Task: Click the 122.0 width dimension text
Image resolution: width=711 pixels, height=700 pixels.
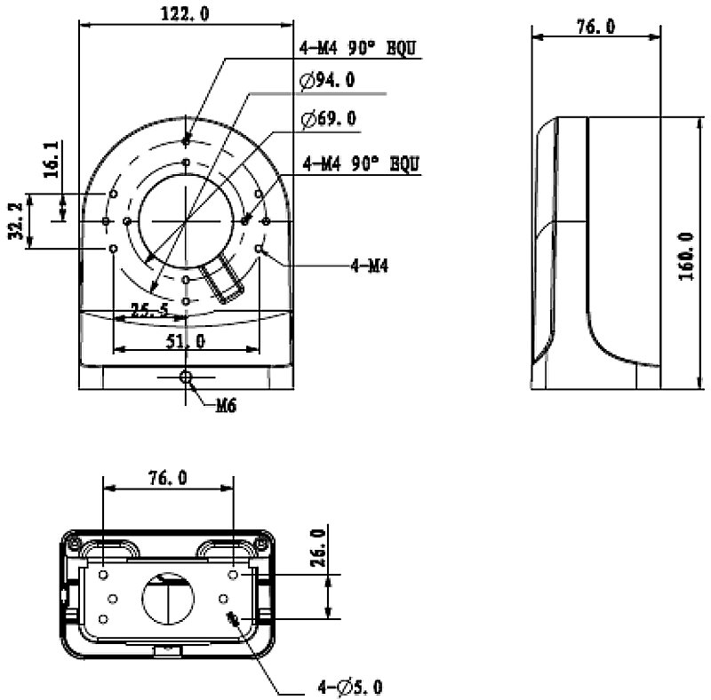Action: point(186,13)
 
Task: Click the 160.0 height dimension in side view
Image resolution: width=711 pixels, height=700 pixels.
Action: point(686,256)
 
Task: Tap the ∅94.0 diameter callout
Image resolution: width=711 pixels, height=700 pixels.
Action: point(327,80)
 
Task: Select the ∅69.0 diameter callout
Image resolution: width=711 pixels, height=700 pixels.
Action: point(329,119)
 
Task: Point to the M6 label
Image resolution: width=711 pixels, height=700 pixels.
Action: point(226,405)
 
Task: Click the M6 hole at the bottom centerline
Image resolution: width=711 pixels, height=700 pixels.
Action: point(186,377)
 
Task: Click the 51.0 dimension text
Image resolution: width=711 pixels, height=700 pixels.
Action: point(185,340)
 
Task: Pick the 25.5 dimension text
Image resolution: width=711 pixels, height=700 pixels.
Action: point(149,310)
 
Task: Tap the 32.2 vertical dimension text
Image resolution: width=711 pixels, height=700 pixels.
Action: point(15,221)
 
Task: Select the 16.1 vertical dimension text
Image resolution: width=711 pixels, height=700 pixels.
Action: point(51,159)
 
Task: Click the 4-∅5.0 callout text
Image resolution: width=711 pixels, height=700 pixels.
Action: point(350,687)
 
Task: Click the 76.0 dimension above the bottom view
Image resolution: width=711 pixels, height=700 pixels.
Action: point(167,477)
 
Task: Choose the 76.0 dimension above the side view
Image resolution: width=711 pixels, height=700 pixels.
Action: point(595,27)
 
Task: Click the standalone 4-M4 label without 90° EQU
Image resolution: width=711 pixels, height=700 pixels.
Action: point(370,266)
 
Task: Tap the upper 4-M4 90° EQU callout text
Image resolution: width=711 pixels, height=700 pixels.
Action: point(357,48)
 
